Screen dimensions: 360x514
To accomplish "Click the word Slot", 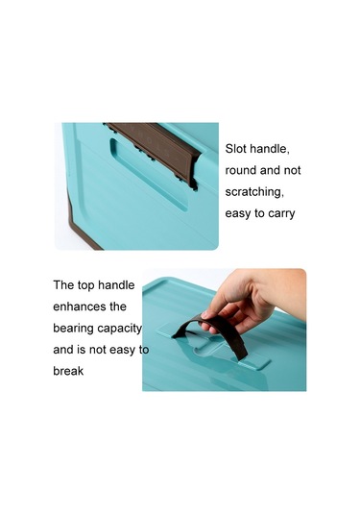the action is pos(235,149).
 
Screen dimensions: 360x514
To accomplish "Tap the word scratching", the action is pos(254,192).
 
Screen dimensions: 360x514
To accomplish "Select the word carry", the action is pos(281,213).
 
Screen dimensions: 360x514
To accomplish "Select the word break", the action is pos(68,371).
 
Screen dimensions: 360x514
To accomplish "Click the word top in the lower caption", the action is pos(85,285).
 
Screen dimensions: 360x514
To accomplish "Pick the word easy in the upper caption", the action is pos(237,213).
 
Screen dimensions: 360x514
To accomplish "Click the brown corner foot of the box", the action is pos(82,225).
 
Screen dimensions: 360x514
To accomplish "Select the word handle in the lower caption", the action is pos(116,285).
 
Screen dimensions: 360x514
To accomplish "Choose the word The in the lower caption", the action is pos(63,285).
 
